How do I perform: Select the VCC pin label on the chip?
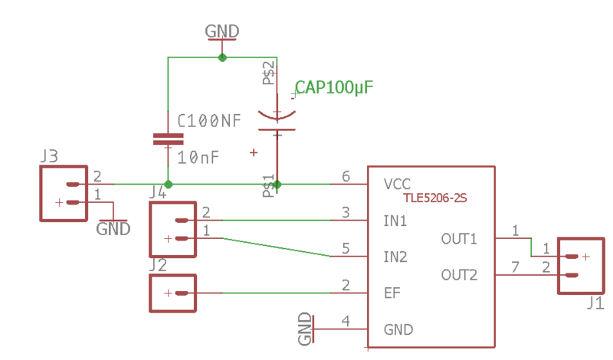click(398, 184)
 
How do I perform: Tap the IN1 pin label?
click(395, 221)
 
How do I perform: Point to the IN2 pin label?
click(395, 257)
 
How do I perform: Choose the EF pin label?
click(392, 293)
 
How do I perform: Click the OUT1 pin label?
click(459, 238)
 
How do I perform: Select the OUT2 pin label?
click(459, 274)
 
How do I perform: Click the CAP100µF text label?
click(334, 87)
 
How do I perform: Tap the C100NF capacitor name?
click(208, 121)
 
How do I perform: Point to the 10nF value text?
click(198, 158)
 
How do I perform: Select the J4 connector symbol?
click(173, 230)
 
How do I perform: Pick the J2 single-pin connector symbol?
click(173, 293)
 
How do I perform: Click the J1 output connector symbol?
click(580, 265)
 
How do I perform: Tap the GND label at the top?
click(222, 31)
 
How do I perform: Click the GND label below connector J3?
click(113, 228)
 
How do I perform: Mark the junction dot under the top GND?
click(222, 57)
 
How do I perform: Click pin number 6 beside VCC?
click(346, 177)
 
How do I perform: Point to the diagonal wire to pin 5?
click(276, 247)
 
